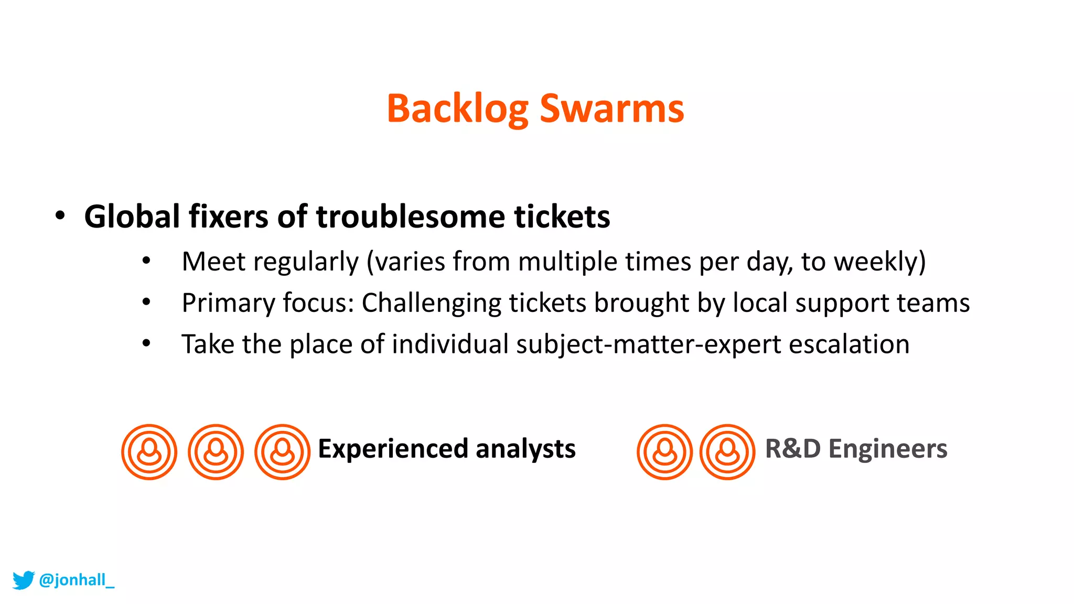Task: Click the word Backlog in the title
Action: click(457, 109)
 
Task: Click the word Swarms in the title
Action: click(611, 109)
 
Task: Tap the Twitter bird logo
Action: click(23, 580)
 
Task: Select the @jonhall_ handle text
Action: click(77, 580)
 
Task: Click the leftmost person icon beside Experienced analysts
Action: click(149, 452)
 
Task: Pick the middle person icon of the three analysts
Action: click(216, 452)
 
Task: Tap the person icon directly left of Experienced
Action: click(282, 452)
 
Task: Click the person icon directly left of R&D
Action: click(727, 452)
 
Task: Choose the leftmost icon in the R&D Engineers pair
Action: click(664, 452)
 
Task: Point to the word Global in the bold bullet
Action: click(132, 217)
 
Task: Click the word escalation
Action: click(849, 344)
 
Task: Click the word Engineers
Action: click(888, 449)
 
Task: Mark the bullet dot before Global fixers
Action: click(60, 215)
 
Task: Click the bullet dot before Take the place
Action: click(146, 343)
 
